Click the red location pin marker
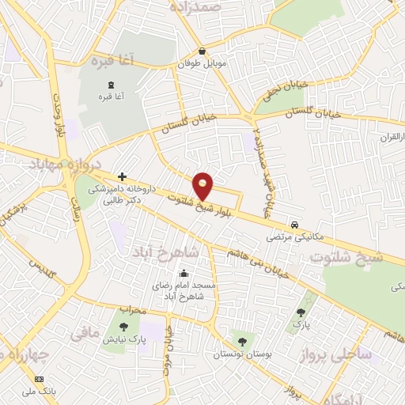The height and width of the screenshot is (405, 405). (204, 184)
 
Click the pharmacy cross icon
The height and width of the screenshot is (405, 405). (122, 176)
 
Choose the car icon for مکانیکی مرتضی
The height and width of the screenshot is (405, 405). (294, 224)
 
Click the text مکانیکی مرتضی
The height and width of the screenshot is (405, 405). (294, 236)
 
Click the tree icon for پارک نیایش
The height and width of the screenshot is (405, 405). (123, 325)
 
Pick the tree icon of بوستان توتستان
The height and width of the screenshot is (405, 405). (242, 342)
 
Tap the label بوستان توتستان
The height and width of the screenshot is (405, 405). (242, 354)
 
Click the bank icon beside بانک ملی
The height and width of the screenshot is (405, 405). (40, 380)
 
